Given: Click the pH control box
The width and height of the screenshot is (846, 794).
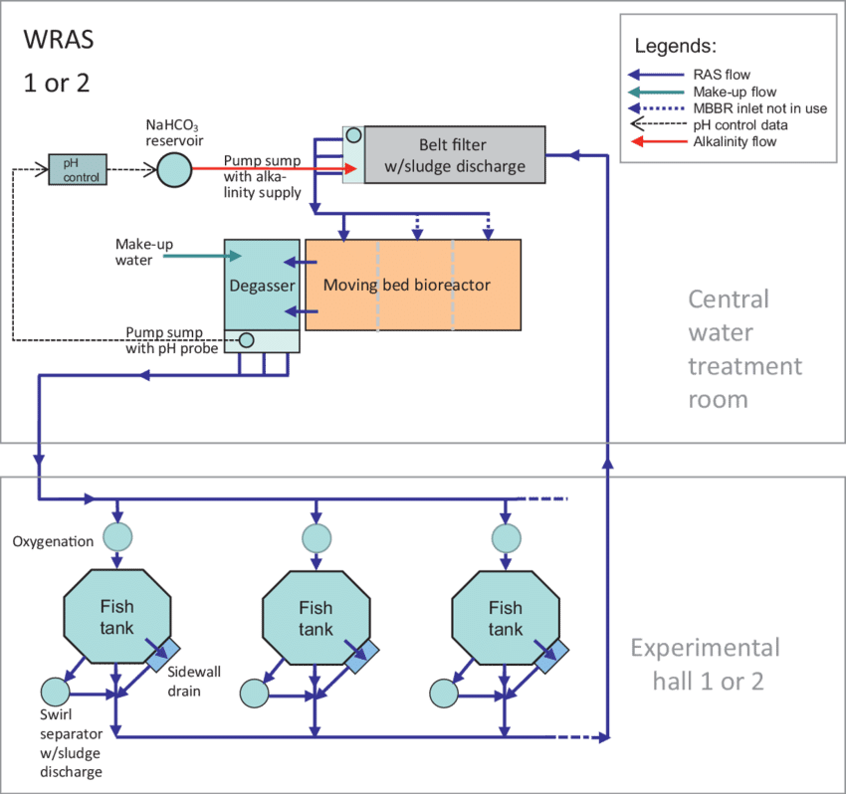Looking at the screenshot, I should click(x=75, y=169).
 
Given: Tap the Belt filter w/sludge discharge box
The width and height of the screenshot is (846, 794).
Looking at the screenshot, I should click(x=455, y=154).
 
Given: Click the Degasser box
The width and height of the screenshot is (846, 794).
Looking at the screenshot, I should click(x=261, y=285).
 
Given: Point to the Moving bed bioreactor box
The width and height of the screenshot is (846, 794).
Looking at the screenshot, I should click(x=412, y=285).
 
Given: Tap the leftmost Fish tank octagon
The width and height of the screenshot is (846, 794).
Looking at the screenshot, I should click(x=115, y=617).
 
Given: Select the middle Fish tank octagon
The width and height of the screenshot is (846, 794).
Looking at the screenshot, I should click(x=316, y=617).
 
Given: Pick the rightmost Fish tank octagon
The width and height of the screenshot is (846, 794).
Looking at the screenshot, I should click(x=505, y=617).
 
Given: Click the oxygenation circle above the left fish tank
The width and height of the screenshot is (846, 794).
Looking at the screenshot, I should click(x=117, y=538).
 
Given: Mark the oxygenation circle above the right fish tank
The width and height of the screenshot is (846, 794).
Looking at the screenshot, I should click(x=507, y=538).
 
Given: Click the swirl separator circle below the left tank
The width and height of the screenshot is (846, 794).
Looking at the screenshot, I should click(x=55, y=691).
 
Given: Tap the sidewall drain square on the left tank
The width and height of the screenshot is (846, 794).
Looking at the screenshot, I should click(x=162, y=654).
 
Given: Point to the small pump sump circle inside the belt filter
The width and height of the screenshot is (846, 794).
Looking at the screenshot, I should click(x=352, y=136).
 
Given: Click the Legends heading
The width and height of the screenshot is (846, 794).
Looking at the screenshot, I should click(x=675, y=46).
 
